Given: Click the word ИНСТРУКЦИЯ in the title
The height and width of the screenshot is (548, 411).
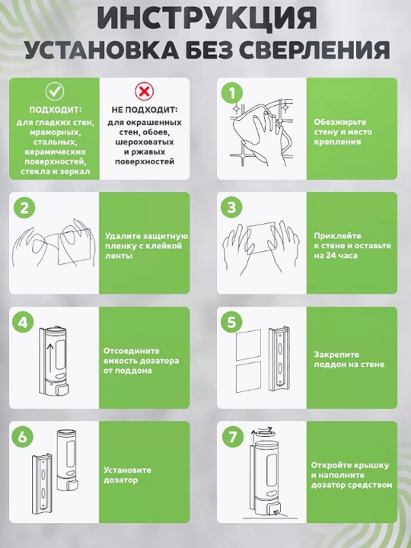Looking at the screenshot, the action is point(206,18).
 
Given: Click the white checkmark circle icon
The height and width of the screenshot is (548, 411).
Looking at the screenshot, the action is point(55,91).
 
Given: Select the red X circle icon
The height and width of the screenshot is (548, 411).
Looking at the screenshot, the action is point(145,91).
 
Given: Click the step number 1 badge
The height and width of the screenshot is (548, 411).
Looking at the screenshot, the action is point(232,93).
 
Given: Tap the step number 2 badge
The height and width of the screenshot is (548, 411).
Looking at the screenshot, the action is point(24,208).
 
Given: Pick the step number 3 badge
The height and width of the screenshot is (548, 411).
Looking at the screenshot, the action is point(232,208).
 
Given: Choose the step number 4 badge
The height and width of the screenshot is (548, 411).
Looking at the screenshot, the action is point(23,322).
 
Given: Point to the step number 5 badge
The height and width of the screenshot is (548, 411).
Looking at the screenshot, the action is point(232,322).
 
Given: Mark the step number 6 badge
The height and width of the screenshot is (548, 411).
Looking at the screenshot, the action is point(23,437).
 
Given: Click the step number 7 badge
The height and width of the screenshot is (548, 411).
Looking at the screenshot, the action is point(232,437).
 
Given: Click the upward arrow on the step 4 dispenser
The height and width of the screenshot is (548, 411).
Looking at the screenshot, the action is point(50,358).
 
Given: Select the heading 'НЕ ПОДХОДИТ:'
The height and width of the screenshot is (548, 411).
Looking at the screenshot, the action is point(145,110).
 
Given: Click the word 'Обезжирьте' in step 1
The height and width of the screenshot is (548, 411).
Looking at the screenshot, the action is point(335,123).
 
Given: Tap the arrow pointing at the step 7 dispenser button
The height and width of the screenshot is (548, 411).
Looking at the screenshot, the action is point(282,514).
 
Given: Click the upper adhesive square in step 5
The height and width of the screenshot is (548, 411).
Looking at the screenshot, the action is point(248,345).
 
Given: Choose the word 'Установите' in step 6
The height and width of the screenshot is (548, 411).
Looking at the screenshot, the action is point(128,470).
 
